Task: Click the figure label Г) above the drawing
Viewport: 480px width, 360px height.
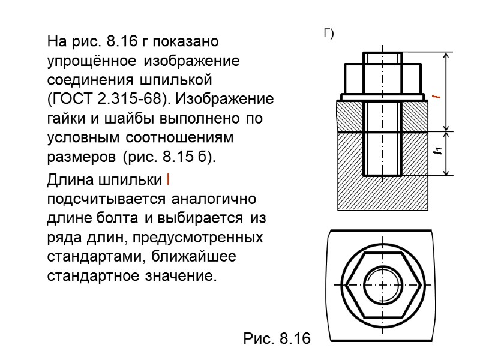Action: click(x=328, y=34)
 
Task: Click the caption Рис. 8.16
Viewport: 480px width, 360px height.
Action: click(x=277, y=339)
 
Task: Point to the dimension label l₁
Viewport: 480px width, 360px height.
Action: click(x=439, y=152)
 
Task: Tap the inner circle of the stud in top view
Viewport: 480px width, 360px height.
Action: click(x=382, y=284)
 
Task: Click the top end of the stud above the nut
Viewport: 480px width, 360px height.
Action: click(x=383, y=58)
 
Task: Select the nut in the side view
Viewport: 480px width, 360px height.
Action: click(x=383, y=78)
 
